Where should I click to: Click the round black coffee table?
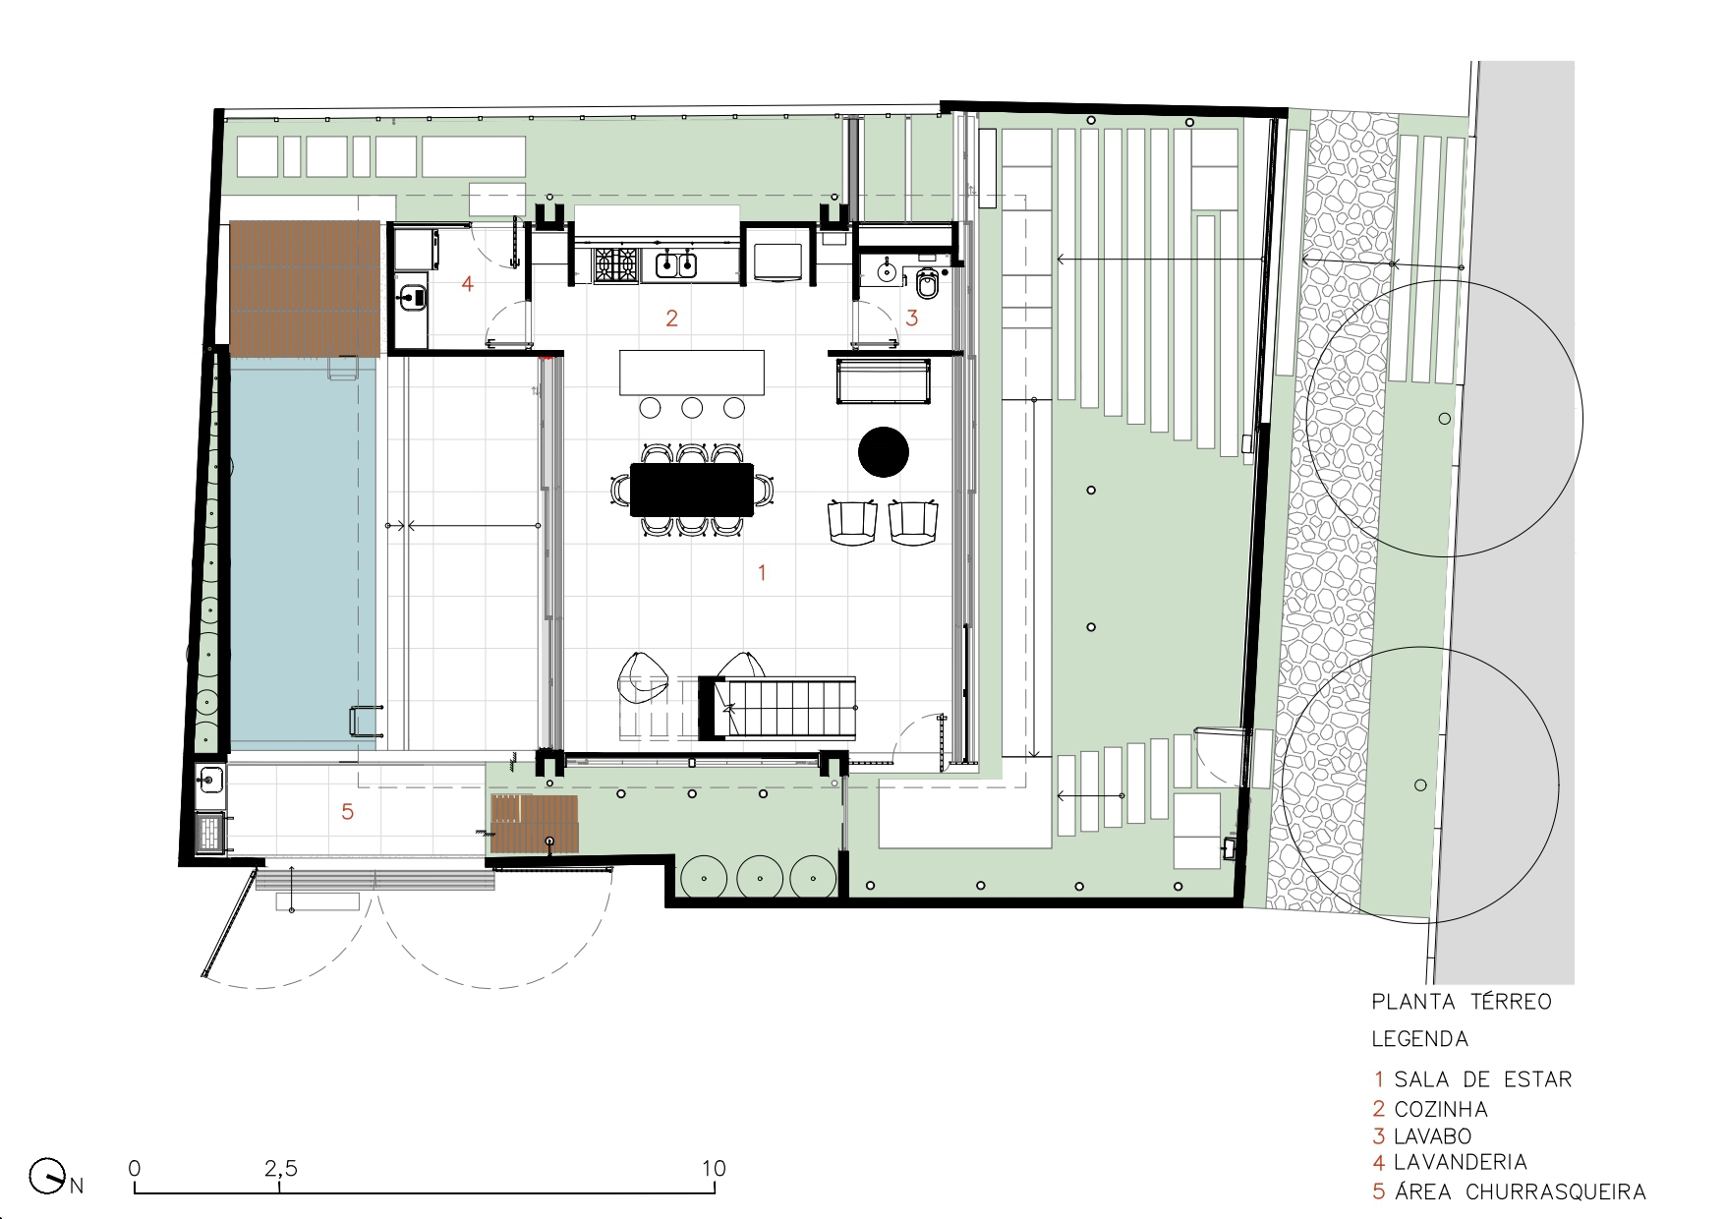tap(883, 452)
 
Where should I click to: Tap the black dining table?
tap(691, 489)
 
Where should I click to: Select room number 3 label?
tap(912, 318)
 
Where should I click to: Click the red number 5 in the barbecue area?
tap(347, 811)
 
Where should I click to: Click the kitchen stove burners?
tap(615, 264)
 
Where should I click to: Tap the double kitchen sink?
tap(676, 264)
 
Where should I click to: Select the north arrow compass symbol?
tap(46, 1176)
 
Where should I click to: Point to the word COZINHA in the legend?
tap(1441, 1109)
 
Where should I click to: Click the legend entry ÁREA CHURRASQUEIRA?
tap(1520, 1191)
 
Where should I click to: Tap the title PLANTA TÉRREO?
tap(1461, 1002)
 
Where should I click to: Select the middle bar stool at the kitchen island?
tap(692, 407)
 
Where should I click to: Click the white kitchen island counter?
tap(691, 372)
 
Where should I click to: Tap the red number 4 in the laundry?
tap(468, 283)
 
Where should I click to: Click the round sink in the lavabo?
tap(887, 270)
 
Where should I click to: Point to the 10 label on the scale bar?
tap(714, 1169)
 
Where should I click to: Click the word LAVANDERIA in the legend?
tap(1460, 1162)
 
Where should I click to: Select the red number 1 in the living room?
tap(761, 571)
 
